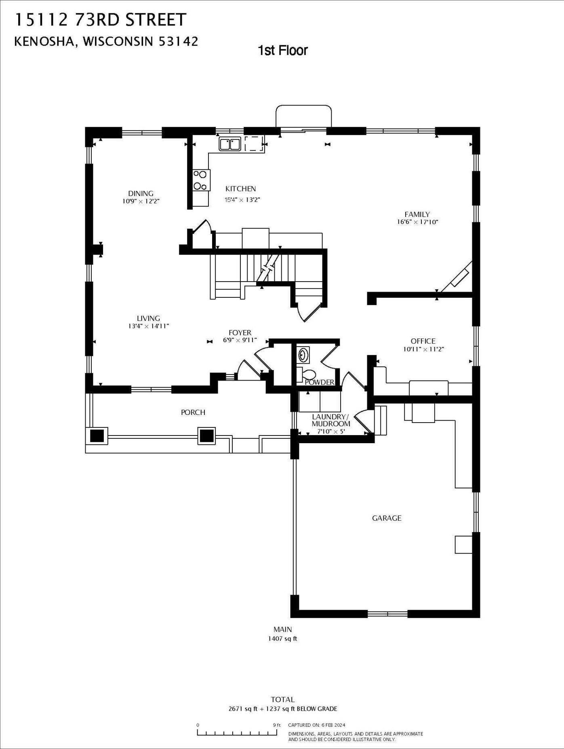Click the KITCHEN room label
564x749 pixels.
coord(240,189)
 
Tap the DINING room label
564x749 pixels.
coord(141,194)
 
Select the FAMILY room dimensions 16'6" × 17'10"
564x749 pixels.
coord(417,222)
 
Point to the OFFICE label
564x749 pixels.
coord(423,341)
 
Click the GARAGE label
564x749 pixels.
coord(387,518)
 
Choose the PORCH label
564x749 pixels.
coord(193,412)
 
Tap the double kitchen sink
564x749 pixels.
coord(230,144)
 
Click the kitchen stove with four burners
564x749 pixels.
coord(200,180)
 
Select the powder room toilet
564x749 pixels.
coord(307,374)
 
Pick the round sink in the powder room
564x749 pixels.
coord(303,355)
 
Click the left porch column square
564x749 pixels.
coord(97,436)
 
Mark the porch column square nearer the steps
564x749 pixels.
coord(206,436)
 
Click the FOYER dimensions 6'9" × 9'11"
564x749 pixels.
coord(240,340)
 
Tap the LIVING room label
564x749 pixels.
coord(148,318)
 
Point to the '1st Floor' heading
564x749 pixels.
coord(283,50)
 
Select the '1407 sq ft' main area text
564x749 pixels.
coord(282,639)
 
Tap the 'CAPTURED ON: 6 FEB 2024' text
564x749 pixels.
coord(317,725)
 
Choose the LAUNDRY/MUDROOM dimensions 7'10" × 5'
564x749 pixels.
coord(331,431)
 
